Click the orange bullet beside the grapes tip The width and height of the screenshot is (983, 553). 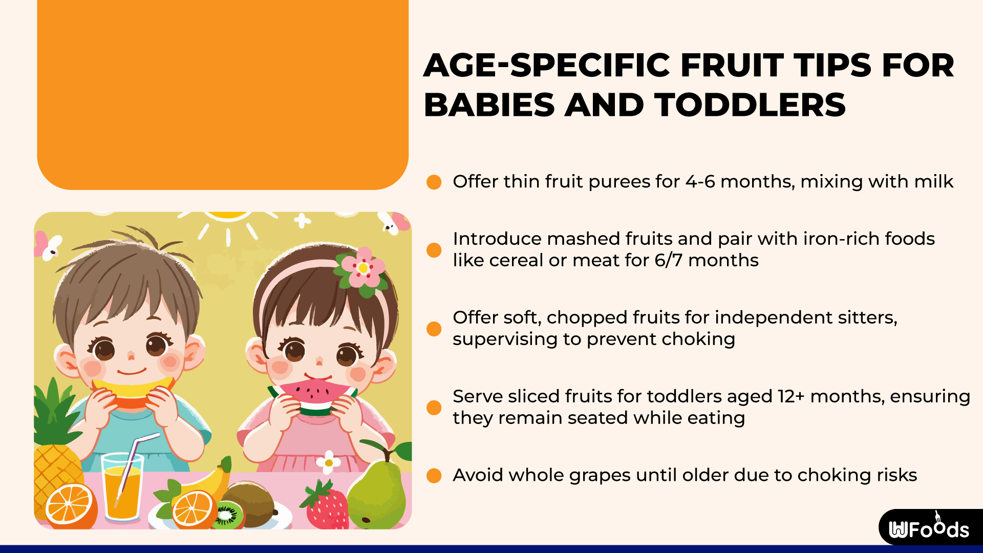tap(434, 476)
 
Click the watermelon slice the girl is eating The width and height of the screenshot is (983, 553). tap(313, 396)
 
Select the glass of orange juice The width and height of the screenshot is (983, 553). tap(122, 489)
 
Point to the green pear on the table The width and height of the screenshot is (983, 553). tap(377, 494)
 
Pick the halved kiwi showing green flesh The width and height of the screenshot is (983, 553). tap(228, 515)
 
